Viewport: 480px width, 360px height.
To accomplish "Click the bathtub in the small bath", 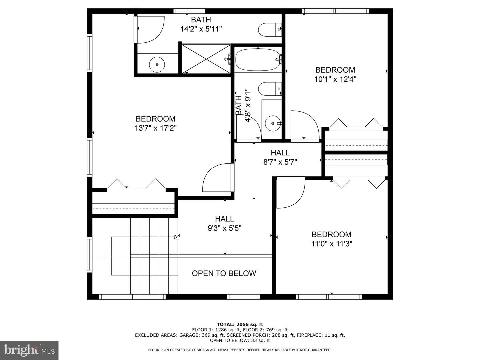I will [x=257, y=60].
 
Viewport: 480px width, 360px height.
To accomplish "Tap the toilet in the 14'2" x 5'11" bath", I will [x=269, y=30].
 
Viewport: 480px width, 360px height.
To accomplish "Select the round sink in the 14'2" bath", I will [x=157, y=63].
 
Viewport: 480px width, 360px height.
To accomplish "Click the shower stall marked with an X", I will [x=206, y=59].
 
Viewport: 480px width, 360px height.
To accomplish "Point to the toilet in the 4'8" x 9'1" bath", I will [x=269, y=88].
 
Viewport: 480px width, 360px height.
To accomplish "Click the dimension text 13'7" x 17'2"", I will [x=155, y=128].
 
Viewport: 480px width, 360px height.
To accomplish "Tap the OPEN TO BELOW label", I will [x=224, y=273].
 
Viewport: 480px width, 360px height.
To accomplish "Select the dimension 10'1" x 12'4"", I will [x=335, y=79].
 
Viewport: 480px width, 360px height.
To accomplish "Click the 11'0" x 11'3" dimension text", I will [x=332, y=244].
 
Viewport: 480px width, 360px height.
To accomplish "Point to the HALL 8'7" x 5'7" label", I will [x=280, y=157].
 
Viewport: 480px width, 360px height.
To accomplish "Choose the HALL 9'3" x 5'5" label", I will [x=224, y=224].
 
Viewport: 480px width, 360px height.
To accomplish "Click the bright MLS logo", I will [x=29, y=350].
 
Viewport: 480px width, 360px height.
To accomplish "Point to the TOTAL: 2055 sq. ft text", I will [x=240, y=324].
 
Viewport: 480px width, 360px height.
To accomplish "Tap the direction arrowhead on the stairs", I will [x=176, y=237].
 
